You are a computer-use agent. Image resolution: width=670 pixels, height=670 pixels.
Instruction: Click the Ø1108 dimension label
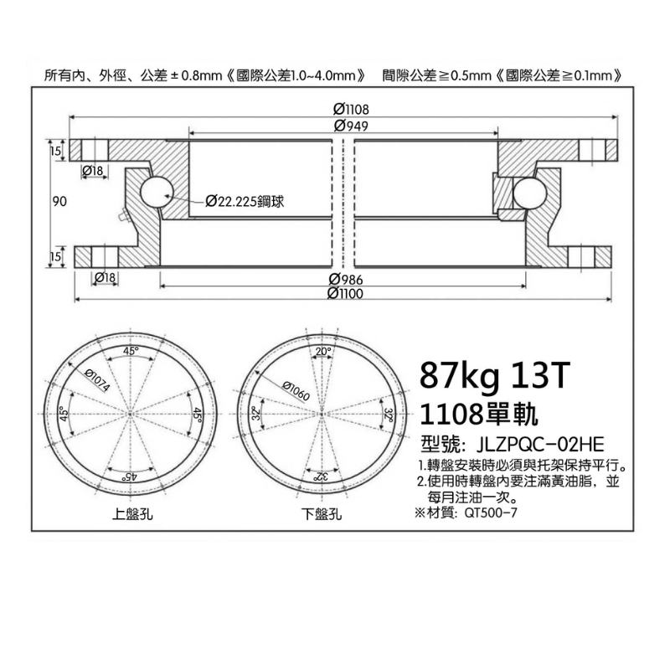(350, 110)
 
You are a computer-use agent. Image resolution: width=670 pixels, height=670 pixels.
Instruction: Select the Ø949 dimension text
(350, 126)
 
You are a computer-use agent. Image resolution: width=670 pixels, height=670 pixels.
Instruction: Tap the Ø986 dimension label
(346, 280)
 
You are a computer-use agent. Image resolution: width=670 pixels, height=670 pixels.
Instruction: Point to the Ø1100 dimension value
(345, 294)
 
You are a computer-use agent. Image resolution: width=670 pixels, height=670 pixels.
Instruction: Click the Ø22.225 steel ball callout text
(245, 201)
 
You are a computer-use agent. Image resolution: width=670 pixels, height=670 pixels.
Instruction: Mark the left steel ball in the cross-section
(156, 192)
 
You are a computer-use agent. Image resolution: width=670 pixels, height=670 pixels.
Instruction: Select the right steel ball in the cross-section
(530, 192)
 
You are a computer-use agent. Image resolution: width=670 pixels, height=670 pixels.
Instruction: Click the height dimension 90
(59, 201)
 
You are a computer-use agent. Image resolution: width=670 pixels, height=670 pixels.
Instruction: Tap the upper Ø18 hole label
(93, 171)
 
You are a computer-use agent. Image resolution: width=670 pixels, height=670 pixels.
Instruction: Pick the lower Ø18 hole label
(105, 278)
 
